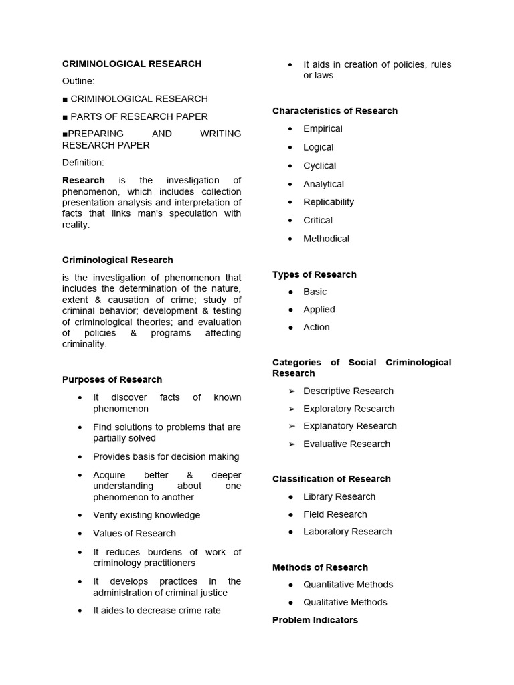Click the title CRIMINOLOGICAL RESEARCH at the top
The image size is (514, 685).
coord(131,64)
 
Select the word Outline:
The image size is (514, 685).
coord(78,81)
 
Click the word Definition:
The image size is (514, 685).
coord(83,162)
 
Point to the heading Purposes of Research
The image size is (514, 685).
coord(112,379)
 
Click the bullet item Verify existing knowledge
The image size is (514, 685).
coord(146,515)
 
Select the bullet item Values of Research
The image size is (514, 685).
coord(134,533)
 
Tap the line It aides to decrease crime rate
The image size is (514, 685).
coord(156,610)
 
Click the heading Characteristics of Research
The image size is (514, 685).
coord(335,110)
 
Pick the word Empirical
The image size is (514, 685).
coord(323,128)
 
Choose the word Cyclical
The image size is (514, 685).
coord(319,165)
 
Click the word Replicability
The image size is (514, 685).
coord(328,201)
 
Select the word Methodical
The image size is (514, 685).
coord(326,238)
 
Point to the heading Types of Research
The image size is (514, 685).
coord(314,274)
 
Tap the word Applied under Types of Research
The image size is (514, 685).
coord(319,309)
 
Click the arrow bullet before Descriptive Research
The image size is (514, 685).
coord(291,391)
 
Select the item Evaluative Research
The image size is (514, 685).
coord(346,444)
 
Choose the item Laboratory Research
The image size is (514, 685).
coord(347,531)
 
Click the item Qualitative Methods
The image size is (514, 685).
coord(345,602)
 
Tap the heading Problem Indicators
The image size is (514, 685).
coord(315,620)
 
